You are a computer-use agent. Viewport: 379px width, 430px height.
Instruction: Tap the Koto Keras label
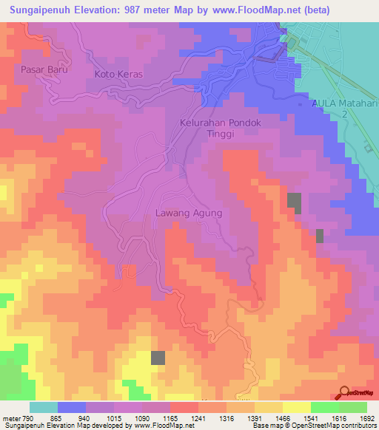coord(118,75)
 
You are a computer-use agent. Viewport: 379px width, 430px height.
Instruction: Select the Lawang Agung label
coord(188,212)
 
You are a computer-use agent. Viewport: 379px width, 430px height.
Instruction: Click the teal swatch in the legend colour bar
coord(44,407)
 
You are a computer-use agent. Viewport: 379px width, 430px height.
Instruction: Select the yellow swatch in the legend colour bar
coord(297,407)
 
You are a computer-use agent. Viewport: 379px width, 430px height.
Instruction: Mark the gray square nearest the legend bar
coord(158,358)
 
